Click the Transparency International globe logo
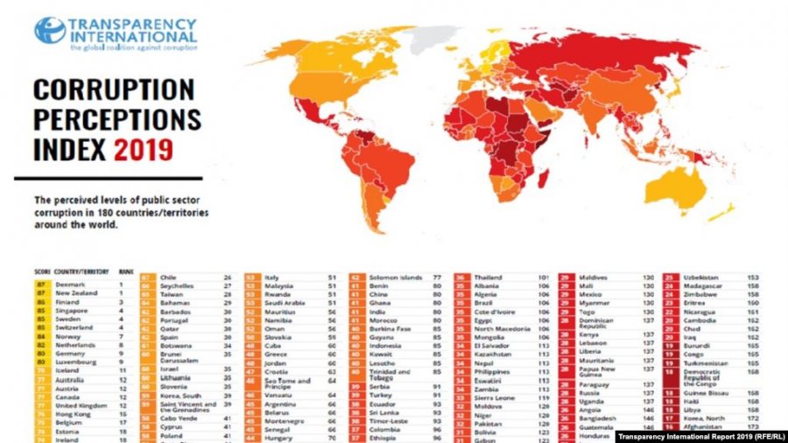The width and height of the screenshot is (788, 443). click(50, 31)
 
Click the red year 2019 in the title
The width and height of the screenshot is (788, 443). click(143, 148)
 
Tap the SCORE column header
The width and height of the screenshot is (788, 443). click(41, 272)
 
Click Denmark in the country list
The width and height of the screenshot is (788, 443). click(70, 285)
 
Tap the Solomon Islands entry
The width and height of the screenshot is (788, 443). click(396, 277)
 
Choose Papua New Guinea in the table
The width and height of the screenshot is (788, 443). click(605, 372)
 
